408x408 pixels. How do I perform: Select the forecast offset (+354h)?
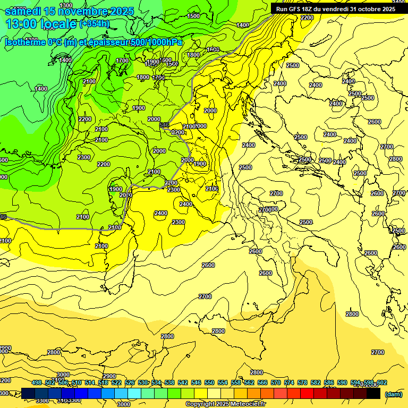(95, 23)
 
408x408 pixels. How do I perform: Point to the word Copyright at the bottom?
(200, 404)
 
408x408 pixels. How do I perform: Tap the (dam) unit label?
(393, 394)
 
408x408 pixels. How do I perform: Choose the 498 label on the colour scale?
(37, 382)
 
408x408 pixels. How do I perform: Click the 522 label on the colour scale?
(116, 382)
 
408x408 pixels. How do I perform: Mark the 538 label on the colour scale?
(169, 382)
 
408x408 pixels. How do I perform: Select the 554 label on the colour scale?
(223, 382)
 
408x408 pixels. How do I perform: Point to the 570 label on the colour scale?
(276, 382)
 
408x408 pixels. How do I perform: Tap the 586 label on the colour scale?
(329, 382)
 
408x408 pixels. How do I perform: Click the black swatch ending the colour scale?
(373, 394)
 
